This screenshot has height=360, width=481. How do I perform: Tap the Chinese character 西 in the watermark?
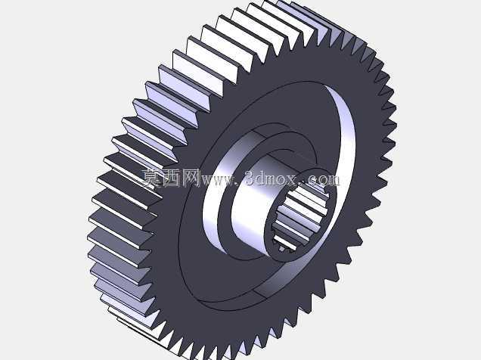click(172, 178)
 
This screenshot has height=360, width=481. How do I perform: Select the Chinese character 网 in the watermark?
click(191, 178)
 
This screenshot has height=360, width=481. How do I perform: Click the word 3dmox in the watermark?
click(272, 178)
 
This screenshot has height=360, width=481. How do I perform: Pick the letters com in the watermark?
click(323, 180)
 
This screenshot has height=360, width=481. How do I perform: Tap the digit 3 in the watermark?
click(250, 178)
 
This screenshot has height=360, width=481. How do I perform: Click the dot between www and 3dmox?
click(236, 185)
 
